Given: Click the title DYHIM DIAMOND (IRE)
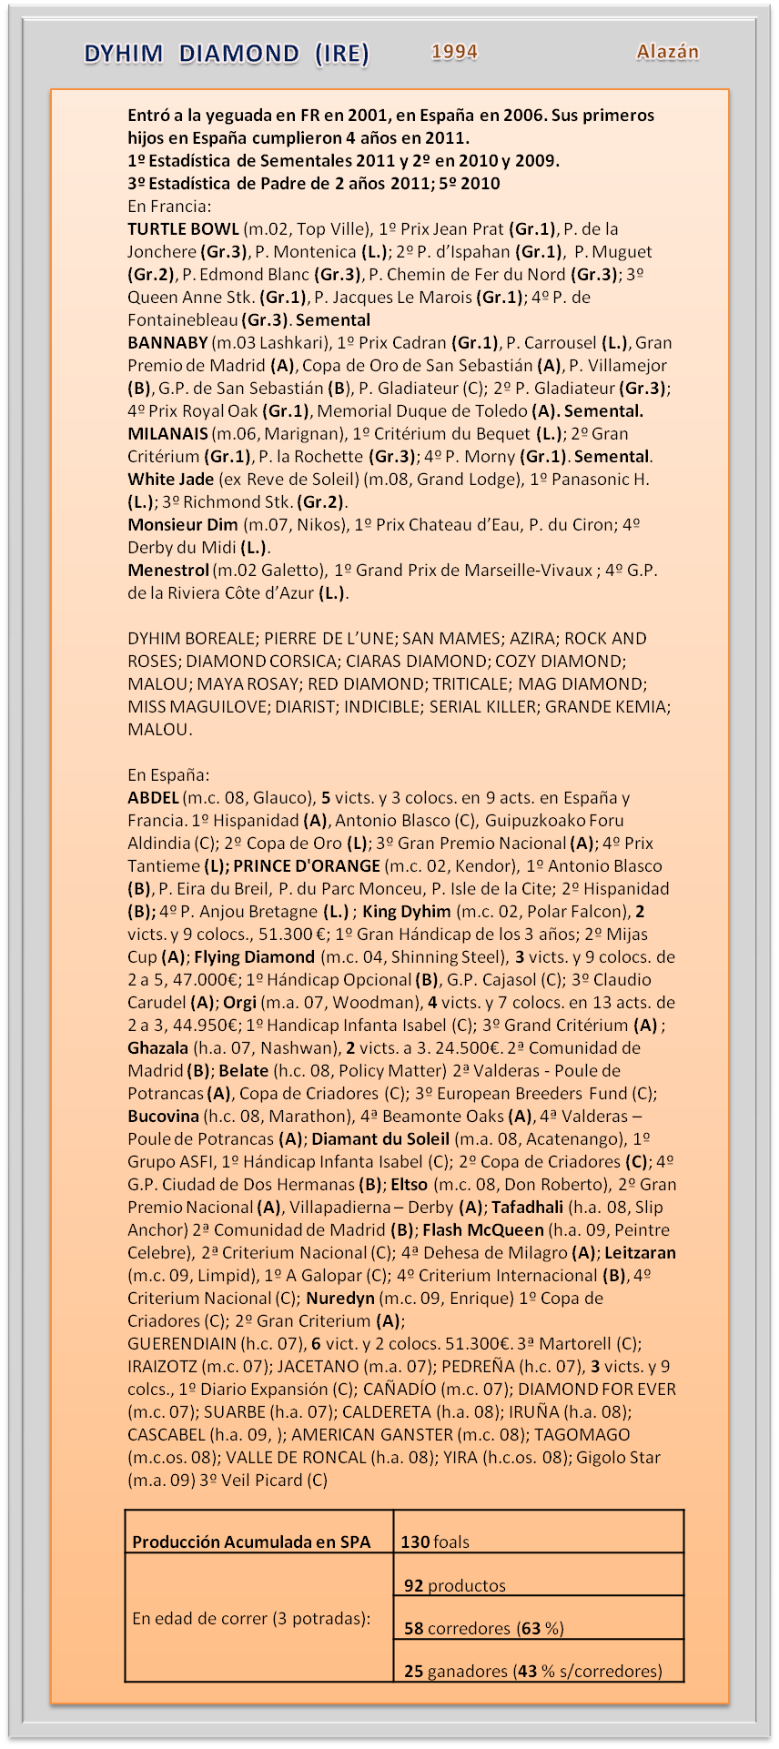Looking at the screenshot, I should coord(227,55).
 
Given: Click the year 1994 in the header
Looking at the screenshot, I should coord(454,52).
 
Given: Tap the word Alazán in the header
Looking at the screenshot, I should coord(667,52).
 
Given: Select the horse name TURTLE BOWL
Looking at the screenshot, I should coord(183,229).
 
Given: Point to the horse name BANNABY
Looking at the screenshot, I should coord(167,343).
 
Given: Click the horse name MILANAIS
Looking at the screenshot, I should coord(167,434).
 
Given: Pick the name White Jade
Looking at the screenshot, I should coord(170,480).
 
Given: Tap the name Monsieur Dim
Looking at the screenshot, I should coord(182,525).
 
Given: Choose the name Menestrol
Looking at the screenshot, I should coord(168,571).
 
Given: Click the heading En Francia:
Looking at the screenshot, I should coord(169,207).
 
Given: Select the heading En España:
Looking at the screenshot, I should coord(168,775).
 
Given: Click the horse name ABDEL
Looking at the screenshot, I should coord(153,798).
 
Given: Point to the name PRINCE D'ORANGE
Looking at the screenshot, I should coord(307,866).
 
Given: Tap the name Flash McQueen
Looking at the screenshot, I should coord(483,1230).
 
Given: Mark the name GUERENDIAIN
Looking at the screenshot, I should coord(181,1344).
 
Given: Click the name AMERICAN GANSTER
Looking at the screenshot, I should coord(371,1435).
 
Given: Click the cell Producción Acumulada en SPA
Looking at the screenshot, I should coord(251,1542).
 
